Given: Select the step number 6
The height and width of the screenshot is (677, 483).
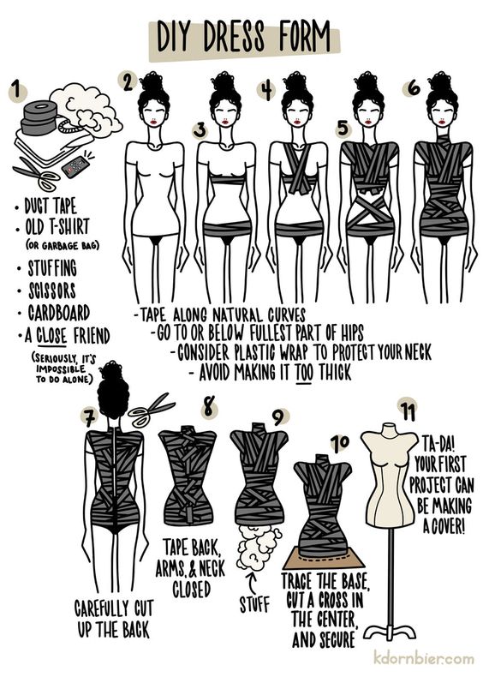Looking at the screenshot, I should (x=414, y=87).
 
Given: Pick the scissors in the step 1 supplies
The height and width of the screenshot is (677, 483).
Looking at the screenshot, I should (x=36, y=176).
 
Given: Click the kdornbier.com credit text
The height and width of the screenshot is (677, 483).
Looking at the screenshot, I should (x=423, y=658).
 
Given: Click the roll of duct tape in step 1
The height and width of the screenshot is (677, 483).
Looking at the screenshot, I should (x=39, y=114).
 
